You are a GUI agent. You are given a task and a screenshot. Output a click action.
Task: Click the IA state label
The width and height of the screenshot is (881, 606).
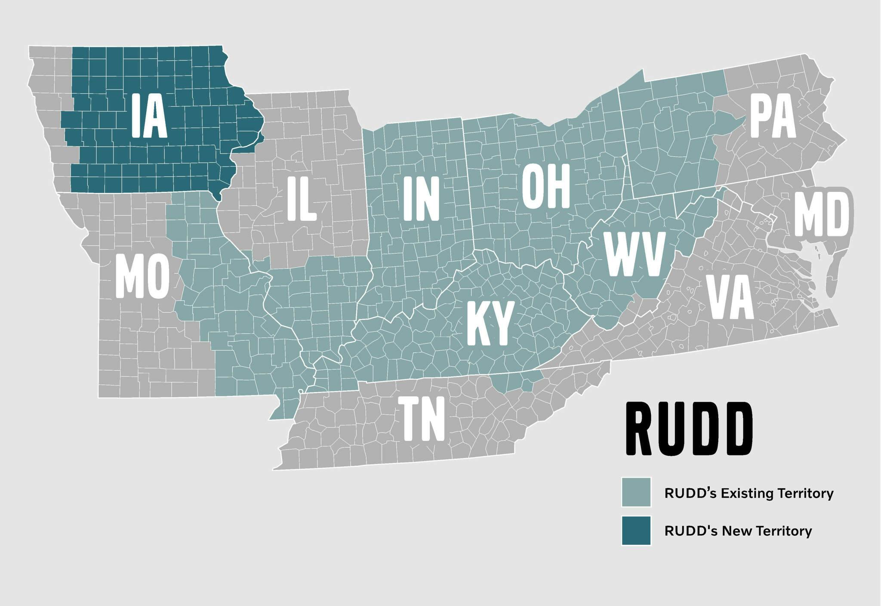pyautogui.click(x=149, y=116)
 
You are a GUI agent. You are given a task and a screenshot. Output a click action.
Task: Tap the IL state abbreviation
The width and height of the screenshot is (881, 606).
pyautogui.click(x=302, y=199)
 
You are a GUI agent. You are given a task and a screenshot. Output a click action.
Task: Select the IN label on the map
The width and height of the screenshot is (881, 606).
pyautogui.click(x=421, y=199)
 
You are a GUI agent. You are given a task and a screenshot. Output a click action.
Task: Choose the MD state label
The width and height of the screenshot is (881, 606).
pyautogui.click(x=822, y=214)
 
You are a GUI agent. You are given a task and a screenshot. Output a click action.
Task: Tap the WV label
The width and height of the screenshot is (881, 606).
pyautogui.click(x=635, y=254)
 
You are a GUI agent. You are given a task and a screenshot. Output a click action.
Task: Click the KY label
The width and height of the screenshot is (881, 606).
pyautogui.click(x=490, y=324)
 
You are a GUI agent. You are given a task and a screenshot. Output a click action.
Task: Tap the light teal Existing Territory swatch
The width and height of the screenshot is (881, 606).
pyautogui.click(x=636, y=492)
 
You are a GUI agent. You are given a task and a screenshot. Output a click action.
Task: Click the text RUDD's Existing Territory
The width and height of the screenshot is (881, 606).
pyautogui.click(x=749, y=493)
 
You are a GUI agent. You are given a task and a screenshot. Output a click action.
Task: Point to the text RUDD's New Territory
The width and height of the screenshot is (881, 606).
pyautogui.click(x=738, y=531)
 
